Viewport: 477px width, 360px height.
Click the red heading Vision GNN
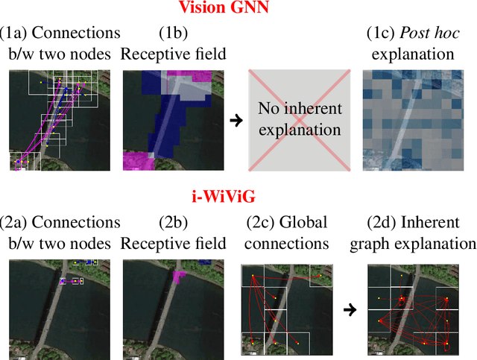238,10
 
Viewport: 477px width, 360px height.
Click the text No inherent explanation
300,120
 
